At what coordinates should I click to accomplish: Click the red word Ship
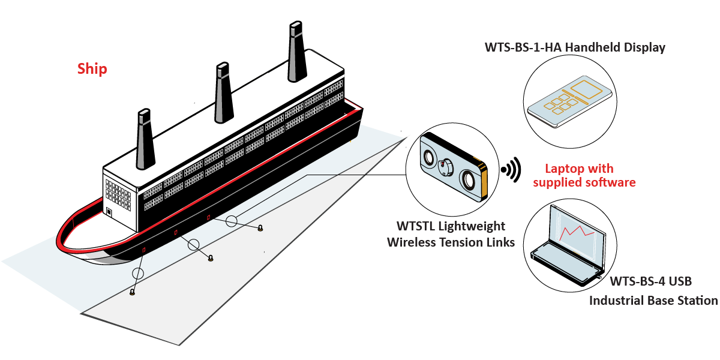92,69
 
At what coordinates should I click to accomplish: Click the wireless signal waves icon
511,170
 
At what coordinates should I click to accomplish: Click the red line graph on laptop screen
572,232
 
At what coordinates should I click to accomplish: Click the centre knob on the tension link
447,169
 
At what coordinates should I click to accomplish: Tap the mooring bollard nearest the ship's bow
132,292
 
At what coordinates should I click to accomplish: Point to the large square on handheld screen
586,91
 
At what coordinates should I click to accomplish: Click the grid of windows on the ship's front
118,191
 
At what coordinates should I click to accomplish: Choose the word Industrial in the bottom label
617,300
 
